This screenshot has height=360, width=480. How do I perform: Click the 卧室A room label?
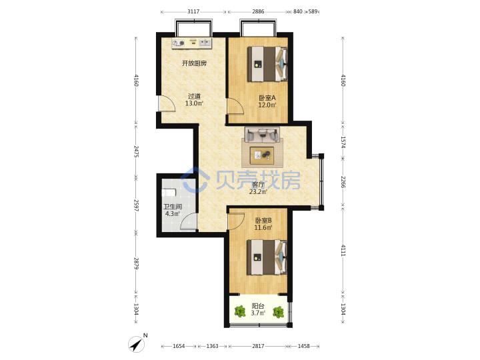(x=267, y=98)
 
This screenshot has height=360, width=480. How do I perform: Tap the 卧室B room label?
(x=263, y=221)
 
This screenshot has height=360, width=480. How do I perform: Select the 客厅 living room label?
(x=258, y=185)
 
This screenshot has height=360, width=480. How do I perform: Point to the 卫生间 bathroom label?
(x=173, y=207)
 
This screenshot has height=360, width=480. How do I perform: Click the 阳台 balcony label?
(x=258, y=306)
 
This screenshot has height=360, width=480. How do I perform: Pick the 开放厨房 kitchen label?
(x=194, y=63)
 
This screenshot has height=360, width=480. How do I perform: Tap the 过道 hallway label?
(x=194, y=96)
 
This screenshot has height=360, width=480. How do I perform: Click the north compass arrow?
(x=137, y=344)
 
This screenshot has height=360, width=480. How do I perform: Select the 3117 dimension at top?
(x=193, y=11)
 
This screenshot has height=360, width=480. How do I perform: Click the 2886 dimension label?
(x=258, y=11)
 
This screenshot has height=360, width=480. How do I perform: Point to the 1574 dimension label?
(x=343, y=143)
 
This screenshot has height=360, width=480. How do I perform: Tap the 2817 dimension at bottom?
(x=258, y=346)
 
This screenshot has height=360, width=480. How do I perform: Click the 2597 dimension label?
(x=136, y=206)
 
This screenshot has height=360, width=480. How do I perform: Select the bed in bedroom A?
(x=267, y=64)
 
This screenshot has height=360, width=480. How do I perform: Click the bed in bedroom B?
(x=267, y=257)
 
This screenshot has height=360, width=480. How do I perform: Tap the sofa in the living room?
(x=262, y=135)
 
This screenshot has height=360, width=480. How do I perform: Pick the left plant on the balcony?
(x=240, y=312)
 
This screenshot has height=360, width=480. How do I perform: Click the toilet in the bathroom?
(x=169, y=193)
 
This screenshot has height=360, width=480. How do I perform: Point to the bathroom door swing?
(x=189, y=221)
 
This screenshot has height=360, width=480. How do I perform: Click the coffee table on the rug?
(x=262, y=155)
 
